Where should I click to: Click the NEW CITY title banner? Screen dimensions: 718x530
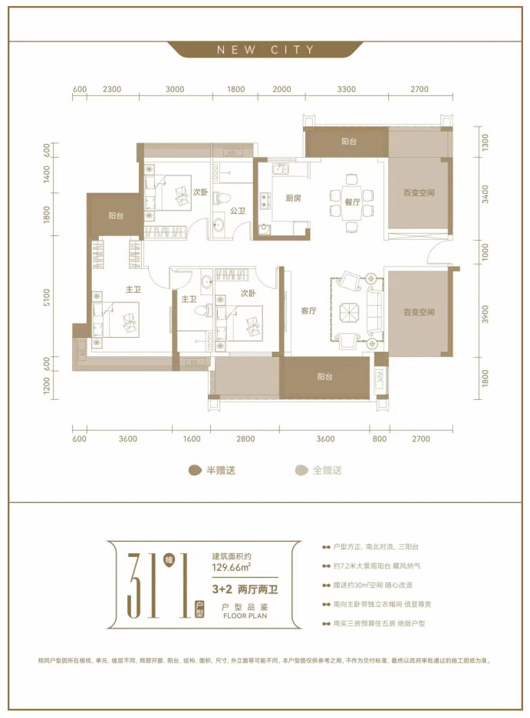pos(265,50)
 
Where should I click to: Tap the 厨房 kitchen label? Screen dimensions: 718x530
pos(293,198)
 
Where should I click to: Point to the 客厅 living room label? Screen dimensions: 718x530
pos(309,310)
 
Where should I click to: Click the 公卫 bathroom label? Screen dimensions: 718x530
pos(236,208)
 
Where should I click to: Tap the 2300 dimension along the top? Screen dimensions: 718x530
pos(112,90)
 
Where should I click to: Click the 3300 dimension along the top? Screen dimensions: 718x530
pos(346,90)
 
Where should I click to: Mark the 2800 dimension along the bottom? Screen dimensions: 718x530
pos(245,439)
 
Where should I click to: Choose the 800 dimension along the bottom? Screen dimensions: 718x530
pos(380,439)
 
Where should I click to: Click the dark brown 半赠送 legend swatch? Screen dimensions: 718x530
pos(194,470)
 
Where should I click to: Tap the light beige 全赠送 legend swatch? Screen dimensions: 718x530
pos(301,470)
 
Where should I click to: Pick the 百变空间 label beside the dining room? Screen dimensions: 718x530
pos(419,193)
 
